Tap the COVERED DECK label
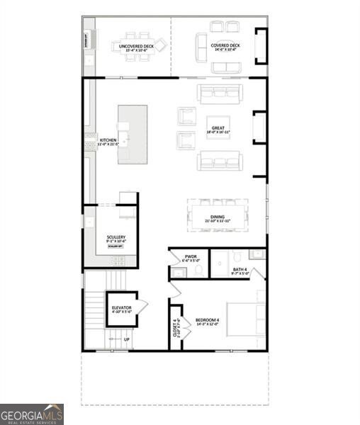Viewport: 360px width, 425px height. [225, 47]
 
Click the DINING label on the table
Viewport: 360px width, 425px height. [218, 220]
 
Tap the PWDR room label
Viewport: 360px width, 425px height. [191, 259]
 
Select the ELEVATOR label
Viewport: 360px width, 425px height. [121, 310]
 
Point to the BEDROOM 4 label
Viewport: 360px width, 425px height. [208, 322]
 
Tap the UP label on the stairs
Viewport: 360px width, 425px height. [127, 339]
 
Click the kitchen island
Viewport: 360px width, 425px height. [133, 135]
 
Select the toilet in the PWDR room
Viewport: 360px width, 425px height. [198, 270]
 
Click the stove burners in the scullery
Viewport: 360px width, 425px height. [117, 261]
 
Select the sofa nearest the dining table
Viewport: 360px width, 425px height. [220, 161]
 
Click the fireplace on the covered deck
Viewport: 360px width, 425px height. [261, 45]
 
